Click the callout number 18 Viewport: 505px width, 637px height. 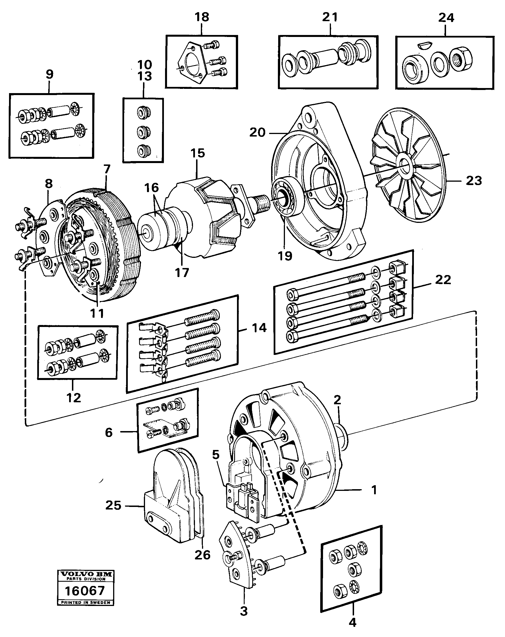pos(202,17)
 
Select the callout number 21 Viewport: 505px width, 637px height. pos(330,17)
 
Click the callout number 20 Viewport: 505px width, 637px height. pos(257,132)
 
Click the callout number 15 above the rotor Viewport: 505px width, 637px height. pos(198,153)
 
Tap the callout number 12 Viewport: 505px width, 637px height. pos(74,398)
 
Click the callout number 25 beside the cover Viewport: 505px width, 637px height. pos(113,505)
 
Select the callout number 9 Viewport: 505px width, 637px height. pos(50,74)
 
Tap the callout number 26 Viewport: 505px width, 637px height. pos(202,555)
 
